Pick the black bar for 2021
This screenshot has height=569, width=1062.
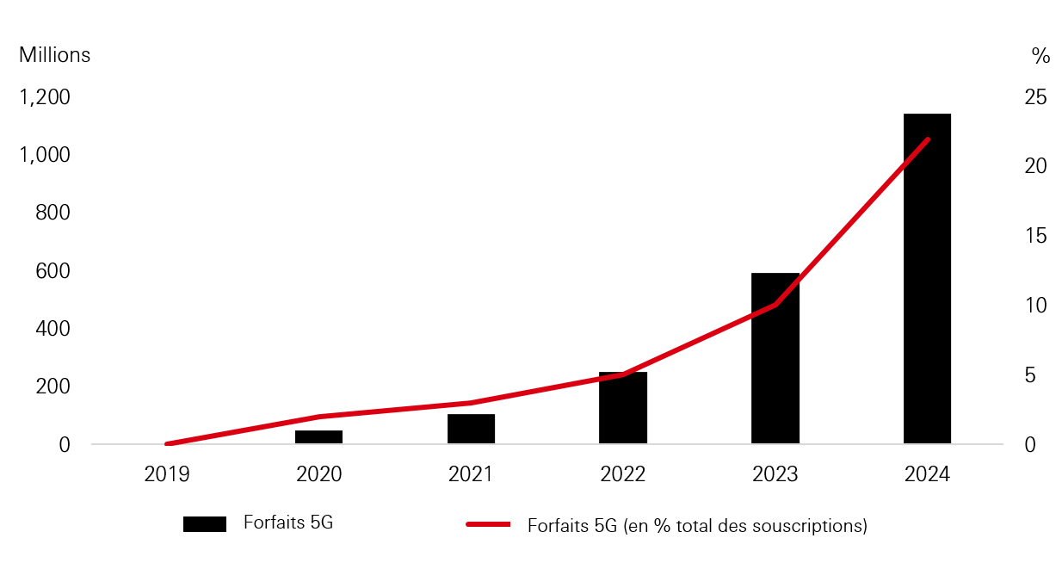[x=471, y=429]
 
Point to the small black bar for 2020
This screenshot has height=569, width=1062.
[x=318, y=436]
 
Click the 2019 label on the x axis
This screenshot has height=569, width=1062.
[x=167, y=474]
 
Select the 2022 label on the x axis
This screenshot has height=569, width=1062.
[x=623, y=474]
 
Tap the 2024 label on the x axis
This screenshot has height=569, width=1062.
[x=927, y=474]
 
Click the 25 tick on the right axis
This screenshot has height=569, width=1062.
[x=1035, y=97]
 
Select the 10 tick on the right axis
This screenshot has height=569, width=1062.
[x=1035, y=306]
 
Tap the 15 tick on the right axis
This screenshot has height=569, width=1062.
[x=1035, y=236]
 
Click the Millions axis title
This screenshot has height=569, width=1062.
[x=54, y=55]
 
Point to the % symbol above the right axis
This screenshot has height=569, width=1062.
[x=1040, y=56]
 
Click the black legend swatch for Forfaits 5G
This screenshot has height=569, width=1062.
[x=205, y=524]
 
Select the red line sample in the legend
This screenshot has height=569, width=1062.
[x=488, y=524]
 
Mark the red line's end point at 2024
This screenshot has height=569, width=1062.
[x=927, y=139]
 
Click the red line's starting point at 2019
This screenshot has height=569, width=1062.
[x=167, y=444]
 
